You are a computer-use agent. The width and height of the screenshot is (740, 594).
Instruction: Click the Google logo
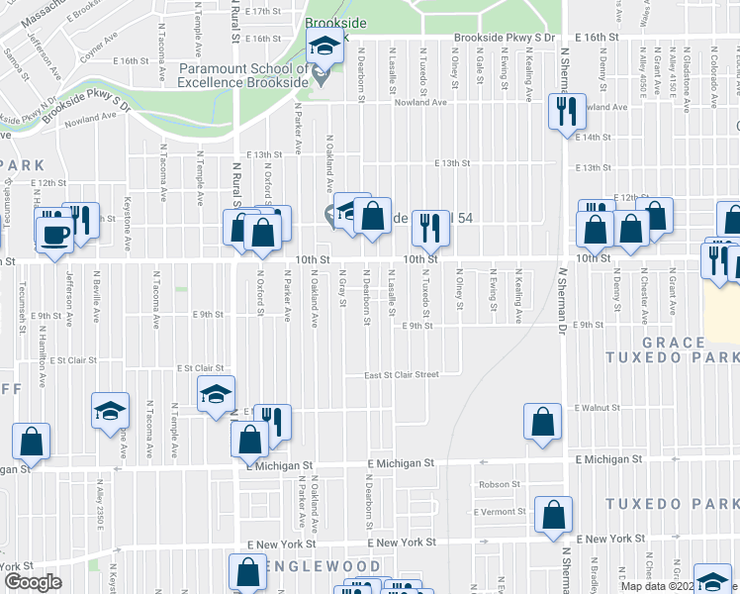point(32,582)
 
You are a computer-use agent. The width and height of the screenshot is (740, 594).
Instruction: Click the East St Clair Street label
point(401,375)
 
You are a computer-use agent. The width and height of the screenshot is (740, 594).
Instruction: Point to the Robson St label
point(499,484)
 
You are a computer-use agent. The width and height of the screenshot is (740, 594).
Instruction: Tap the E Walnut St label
point(597,407)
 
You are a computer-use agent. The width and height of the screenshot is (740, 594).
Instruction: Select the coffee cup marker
point(54,234)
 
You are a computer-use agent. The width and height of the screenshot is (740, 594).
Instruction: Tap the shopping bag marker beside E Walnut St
point(543,422)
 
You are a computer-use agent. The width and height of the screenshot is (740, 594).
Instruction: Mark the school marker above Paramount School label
point(323,45)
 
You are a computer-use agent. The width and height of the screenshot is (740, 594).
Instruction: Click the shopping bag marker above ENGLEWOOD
point(246,571)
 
